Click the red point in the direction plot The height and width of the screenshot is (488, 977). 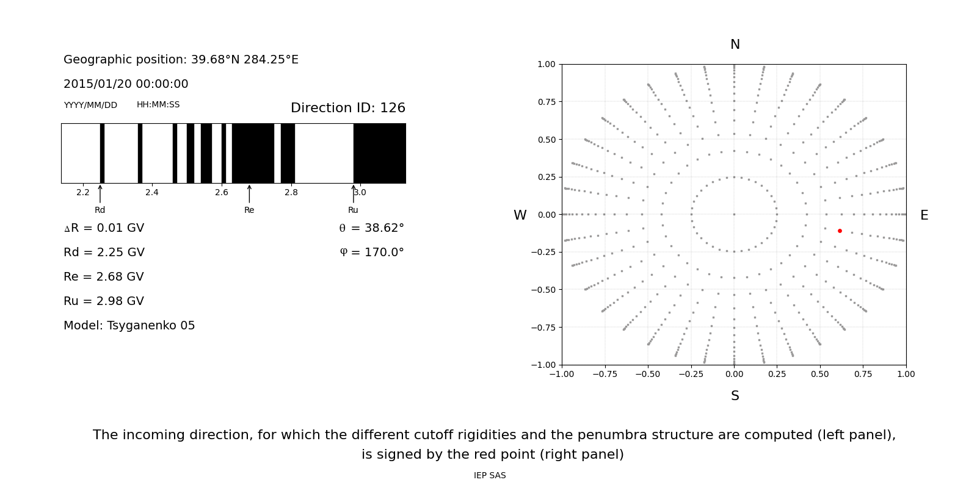pyautogui.click(x=840, y=231)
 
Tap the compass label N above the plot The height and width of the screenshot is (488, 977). pyautogui.click(x=735, y=45)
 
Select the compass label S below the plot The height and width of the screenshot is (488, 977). pyautogui.click(x=735, y=396)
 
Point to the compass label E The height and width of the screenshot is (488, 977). pyautogui.click(x=924, y=215)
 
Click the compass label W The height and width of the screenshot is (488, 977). pyautogui.click(x=520, y=215)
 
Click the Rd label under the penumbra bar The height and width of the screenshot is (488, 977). pyautogui.click(x=100, y=210)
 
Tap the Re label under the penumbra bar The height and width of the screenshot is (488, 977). pyautogui.click(x=249, y=210)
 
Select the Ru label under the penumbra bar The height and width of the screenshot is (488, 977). pyautogui.click(x=353, y=210)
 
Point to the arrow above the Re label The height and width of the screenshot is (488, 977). pyautogui.click(x=249, y=193)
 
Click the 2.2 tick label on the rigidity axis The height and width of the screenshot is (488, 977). pyautogui.click(x=83, y=192)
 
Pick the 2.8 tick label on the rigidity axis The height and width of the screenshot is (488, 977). pyautogui.click(x=291, y=192)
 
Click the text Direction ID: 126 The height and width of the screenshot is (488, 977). pyautogui.click(x=347, y=108)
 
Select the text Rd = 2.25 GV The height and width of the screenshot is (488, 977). pyautogui.click(x=104, y=253)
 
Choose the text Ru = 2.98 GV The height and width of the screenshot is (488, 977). pyautogui.click(x=104, y=301)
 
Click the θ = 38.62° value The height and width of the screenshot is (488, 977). pyautogui.click(x=371, y=228)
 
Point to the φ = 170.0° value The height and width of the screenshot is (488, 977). pyautogui.click(x=371, y=253)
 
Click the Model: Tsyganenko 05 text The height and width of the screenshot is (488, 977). pyautogui.click(x=129, y=326)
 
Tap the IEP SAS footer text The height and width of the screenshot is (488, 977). pyautogui.click(x=490, y=475)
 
